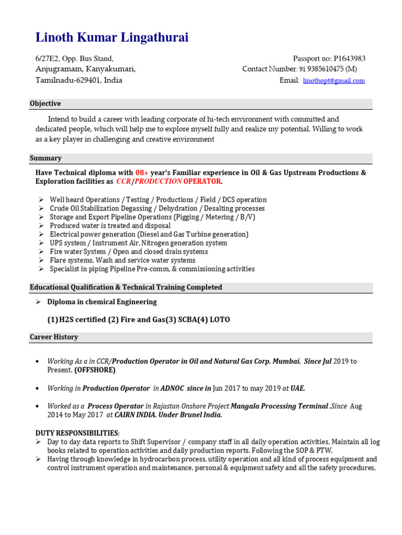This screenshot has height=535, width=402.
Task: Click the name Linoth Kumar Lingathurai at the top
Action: pyautogui.click(x=112, y=38)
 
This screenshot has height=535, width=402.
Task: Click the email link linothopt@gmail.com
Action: pyautogui.click(x=333, y=81)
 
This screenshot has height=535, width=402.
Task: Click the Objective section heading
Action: pyautogui.click(x=45, y=103)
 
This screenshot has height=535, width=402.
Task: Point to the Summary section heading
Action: pyautogui.click(x=46, y=158)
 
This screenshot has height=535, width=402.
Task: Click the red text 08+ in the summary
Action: pyautogui.click(x=142, y=172)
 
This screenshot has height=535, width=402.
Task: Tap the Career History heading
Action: pyautogui.click(x=54, y=337)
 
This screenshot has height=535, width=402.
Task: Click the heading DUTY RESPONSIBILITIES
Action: pyautogui.click(x=77, y=433)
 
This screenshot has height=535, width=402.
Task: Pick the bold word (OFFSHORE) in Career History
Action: pyautogui.click(x=95, y=370)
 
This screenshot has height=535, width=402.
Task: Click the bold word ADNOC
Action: pyautogui.click(x=172, y=388)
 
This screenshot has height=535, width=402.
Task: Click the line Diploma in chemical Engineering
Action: pyautogui.click(x=102, y=302)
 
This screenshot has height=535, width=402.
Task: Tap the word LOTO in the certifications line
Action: pyautogui.click(x=220, y=320)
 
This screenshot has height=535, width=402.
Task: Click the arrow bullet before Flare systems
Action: pyautogui.click(x=41, y=260)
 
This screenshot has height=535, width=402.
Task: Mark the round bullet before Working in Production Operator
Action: pyautogui.click(x=36, y=388)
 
